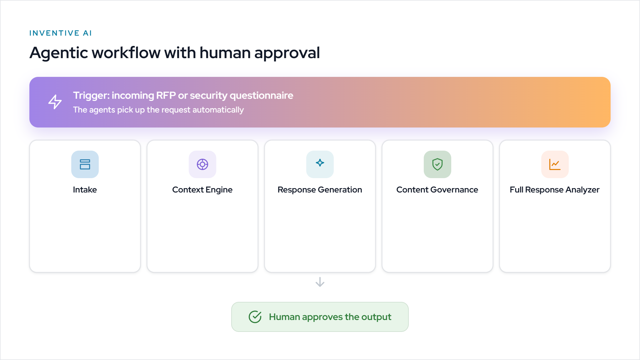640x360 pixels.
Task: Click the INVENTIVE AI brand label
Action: tap(60, 33)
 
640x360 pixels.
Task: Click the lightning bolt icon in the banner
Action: tap(55, 102)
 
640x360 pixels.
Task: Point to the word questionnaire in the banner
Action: tap(262, 96)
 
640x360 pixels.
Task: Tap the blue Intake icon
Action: tap(85, 164)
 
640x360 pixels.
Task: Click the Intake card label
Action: tap(85, 190)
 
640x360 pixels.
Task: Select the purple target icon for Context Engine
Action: tap(202, 164)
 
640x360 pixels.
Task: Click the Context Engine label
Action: tap(202, 190)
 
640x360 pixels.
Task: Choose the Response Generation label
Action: tap(320, 190)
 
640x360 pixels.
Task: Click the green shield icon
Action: tap(437, 164)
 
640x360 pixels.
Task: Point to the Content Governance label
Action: tap(437, 190)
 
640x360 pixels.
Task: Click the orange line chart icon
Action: tap(555, 164)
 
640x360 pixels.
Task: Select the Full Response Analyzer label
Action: tap(555, 190)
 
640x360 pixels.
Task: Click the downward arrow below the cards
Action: tap(320, 282)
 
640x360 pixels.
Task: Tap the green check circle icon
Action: tap(255, 317)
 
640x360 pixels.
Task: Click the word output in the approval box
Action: tap(376, 317)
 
